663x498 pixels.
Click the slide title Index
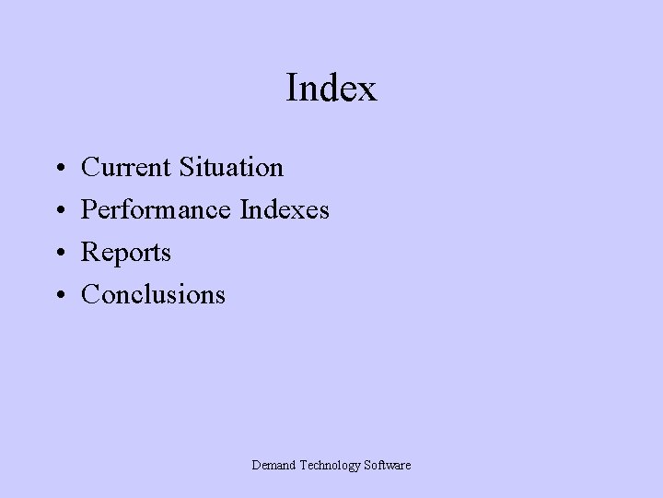tap(331, 89)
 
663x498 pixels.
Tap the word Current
tap(126, 168)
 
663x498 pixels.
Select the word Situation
tap(231, 168)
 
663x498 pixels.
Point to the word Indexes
tap(284, 210)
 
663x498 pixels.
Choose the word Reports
tap(126, 253)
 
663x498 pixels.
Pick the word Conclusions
tap(153, 294)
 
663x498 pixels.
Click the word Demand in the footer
tap(273, 466)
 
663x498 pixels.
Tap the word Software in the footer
tap(387, 466)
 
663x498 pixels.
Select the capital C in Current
tap(90, 168)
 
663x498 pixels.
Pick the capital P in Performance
tap(89, 210)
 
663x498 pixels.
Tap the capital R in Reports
tap(90, 253)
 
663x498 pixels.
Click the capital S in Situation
tap(187, 168)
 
